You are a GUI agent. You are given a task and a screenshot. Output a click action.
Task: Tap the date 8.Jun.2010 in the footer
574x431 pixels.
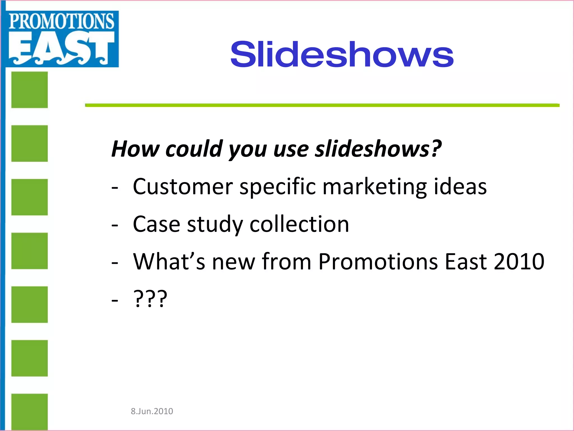(x=152, y=411)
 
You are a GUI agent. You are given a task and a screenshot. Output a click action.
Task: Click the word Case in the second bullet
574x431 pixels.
(x=156, y=224)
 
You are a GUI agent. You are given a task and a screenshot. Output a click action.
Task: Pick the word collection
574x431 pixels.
(x=299, y=224)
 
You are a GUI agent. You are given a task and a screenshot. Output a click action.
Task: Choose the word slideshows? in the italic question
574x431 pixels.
(x=378, y=149)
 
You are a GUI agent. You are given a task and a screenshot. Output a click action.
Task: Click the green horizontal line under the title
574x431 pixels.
(x=322, y=105)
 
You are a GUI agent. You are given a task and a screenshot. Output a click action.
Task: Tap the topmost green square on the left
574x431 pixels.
(x=29, y=90)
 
